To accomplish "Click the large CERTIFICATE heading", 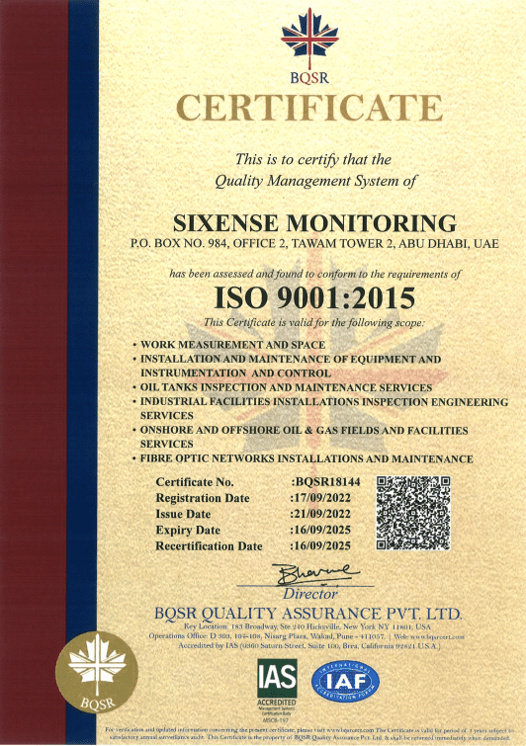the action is [308, 107].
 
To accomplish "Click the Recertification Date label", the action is [209, 545].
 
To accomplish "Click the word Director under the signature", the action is [310, 594].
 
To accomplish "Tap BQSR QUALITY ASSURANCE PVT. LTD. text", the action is [308, 613].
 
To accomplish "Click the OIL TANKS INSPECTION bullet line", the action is [287, 388].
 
